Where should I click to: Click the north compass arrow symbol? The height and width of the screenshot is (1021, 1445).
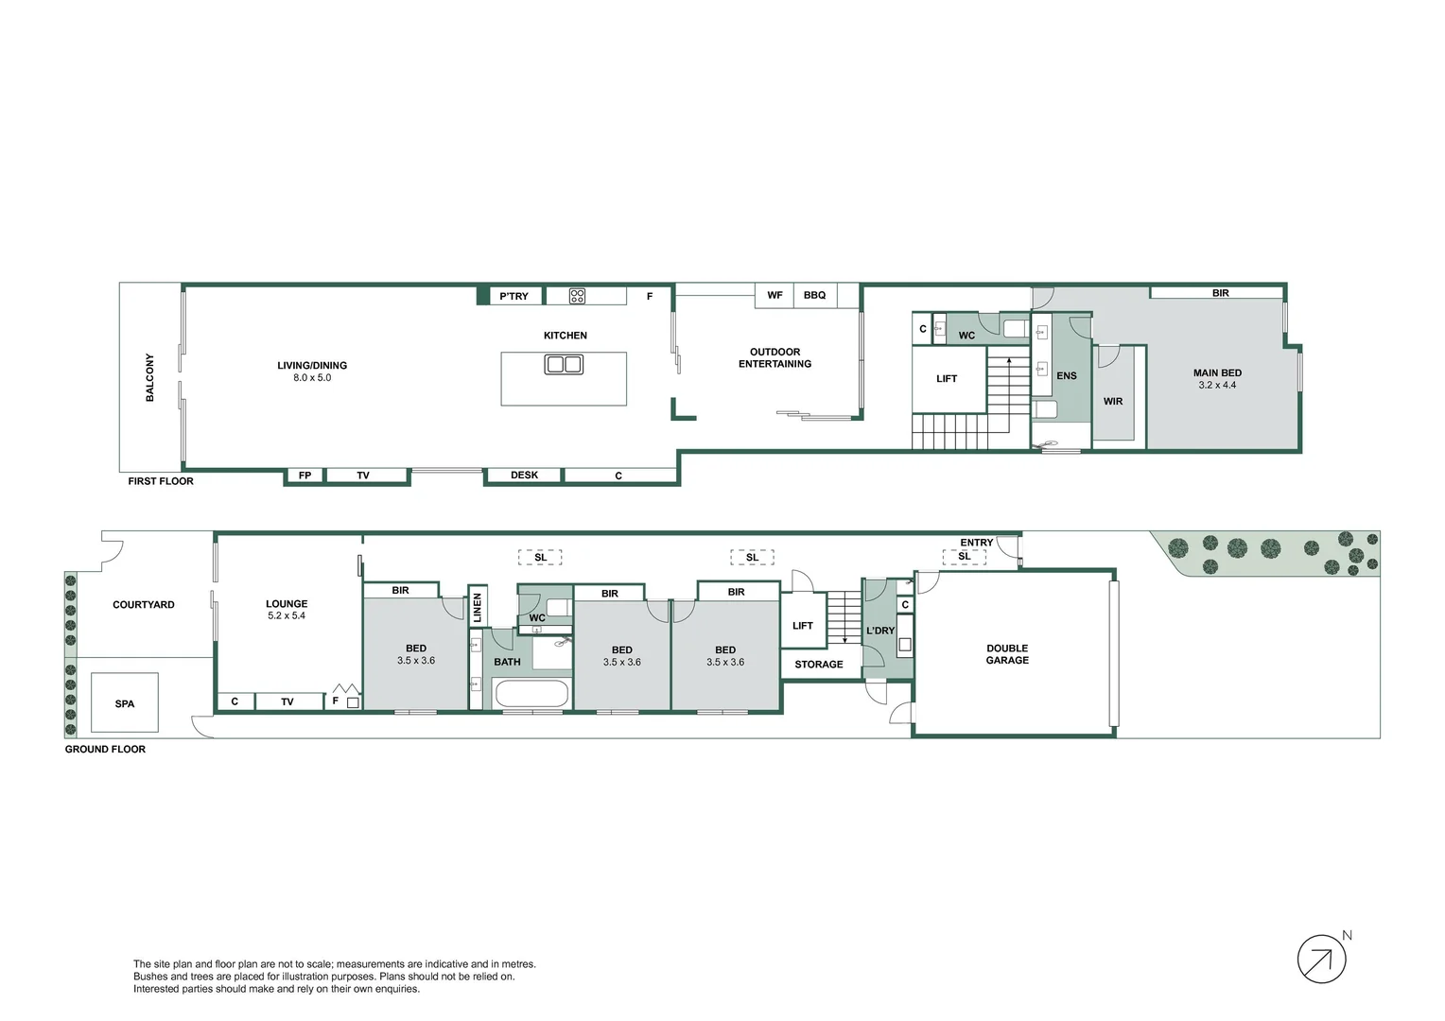pyautogui.click(x=1321, y=960)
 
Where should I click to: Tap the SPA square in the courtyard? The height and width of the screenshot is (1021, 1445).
pyautogui.click(x=124, y=702)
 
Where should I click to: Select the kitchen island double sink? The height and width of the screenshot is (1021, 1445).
pyautogui.click(x=564, y=364)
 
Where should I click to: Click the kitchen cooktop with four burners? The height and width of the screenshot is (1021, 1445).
pyautogui.click(x=577, y=296)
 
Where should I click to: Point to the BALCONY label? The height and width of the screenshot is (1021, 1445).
pyautogui.click(x=149, y=377)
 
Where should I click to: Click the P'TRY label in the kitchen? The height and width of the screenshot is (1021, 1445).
pyautogui.click(x=514, y=296)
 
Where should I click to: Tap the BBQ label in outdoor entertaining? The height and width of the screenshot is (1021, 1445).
pyautogui.click(x=814, y=295)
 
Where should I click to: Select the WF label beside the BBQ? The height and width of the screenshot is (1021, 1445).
pyautogui.click(x=775, y=295)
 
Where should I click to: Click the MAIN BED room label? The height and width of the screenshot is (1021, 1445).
pyautogui.click(x=1217, y=372)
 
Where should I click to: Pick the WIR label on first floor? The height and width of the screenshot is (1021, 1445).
pyautogui.click(x=1113, y=402)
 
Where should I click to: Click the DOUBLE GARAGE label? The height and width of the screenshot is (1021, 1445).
pyautogui.click(x=1007, y=654)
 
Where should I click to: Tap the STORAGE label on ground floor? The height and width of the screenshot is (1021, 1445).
pyautogui.click(x=818, y=665)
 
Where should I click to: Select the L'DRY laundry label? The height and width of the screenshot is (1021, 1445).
pyautogui.click(x=880, y=631)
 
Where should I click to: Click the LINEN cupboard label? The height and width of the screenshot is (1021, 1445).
pyautogui.click(x=478, y=606)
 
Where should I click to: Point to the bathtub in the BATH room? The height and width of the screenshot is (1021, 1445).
pyautogui.click(x=531, y=693)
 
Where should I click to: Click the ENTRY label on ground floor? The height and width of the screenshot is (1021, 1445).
pyautogui.click(x=976, y=543)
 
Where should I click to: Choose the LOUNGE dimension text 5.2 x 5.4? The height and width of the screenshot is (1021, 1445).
pyautogui.click(x=287, y=615)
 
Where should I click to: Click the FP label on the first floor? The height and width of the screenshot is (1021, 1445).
pyautogui.click(x=305, y=476)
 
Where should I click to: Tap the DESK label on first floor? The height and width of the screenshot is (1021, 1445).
pyautogui.click(x=524, y=476)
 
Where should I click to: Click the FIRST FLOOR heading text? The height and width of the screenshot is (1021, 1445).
pyautogui.click(x=161, y=481)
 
